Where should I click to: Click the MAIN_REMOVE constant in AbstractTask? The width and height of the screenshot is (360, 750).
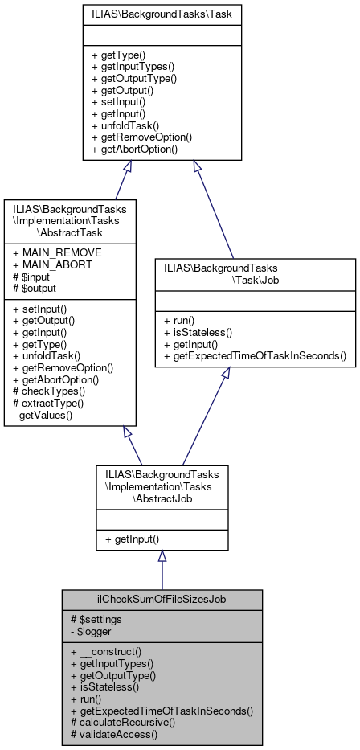pos(49,253)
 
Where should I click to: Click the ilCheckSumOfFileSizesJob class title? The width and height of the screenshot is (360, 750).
pos(162,600)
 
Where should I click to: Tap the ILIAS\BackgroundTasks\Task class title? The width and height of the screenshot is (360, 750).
pos(162,14)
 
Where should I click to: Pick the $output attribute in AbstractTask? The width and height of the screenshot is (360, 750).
pos(35,287)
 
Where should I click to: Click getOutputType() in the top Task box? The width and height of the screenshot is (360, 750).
pos(134,79)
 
